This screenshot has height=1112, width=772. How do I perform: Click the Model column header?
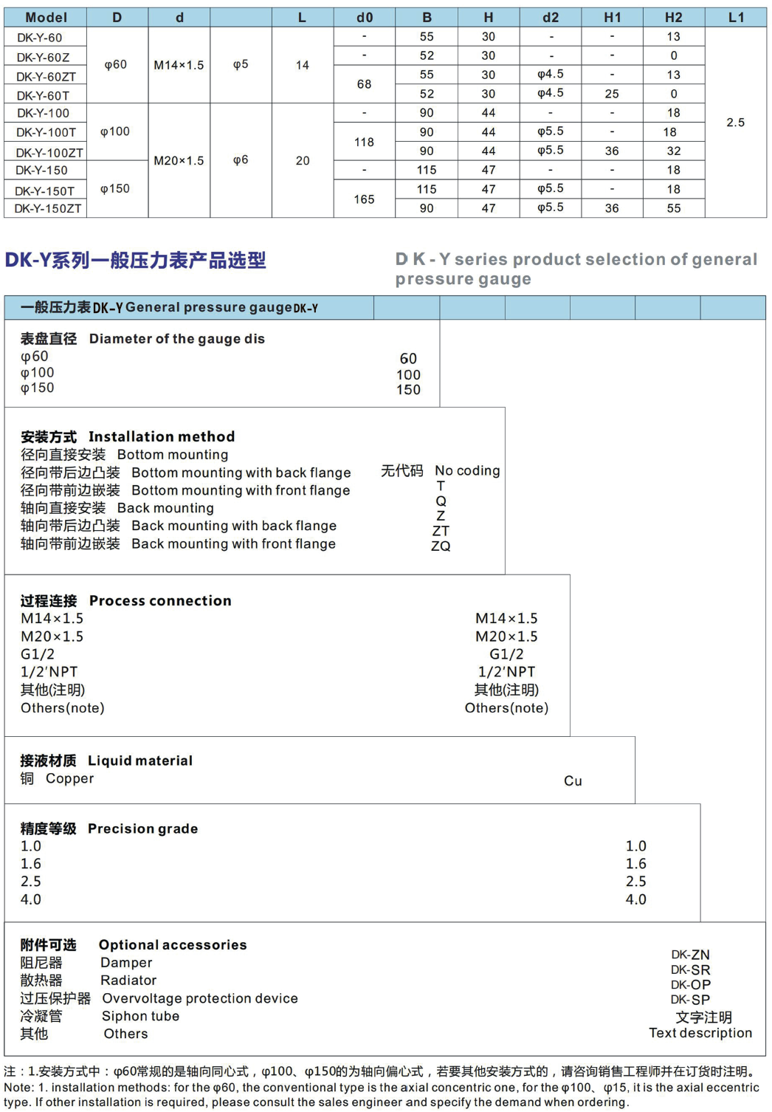point(46,17)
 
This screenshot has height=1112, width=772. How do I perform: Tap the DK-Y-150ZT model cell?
point(48,208)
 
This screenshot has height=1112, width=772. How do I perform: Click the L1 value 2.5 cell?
point(735,123)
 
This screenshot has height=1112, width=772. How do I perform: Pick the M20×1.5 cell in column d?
point(179,160)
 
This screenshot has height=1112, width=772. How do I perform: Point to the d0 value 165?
point(364,199)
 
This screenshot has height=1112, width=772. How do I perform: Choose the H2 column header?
point(673,17)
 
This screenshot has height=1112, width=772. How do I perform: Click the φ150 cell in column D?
point(115,189)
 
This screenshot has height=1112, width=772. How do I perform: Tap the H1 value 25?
point(612,94)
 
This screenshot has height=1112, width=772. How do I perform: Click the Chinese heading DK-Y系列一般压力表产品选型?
point(135,260)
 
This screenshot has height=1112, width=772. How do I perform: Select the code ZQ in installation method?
point(441,546)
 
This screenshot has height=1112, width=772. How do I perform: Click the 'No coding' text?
point(467,470)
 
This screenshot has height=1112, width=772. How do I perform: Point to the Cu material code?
point(573,781)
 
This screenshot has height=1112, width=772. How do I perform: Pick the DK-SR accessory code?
point(690,970)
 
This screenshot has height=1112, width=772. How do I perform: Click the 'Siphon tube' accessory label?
point(140,1016)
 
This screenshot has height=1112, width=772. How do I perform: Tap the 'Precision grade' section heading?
point(142,828)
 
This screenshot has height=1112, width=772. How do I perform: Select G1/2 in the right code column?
point(506,654)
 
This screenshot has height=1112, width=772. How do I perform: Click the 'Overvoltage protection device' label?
point(200,998)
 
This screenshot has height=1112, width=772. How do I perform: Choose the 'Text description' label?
point(700,1033)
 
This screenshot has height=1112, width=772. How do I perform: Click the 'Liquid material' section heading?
point(139,761)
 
